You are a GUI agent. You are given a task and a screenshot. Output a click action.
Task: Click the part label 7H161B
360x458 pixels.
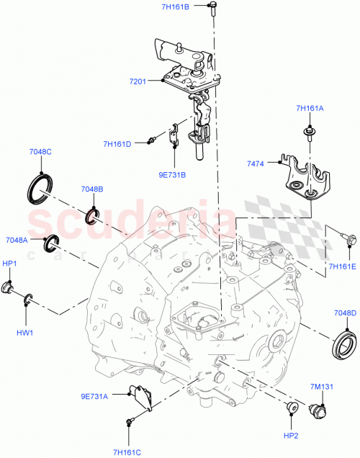(x=176, y=6)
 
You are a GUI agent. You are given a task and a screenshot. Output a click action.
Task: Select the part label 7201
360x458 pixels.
(x=138, y=81)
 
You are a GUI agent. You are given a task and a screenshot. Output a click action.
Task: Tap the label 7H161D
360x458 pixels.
(x=117, y=144)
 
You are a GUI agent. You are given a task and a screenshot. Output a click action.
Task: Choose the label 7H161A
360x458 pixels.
(x=310, y=109)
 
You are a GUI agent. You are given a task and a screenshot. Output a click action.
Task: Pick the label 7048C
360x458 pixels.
(x=40, y=152)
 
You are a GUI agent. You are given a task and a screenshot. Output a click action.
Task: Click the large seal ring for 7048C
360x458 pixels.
(x=40, y=187)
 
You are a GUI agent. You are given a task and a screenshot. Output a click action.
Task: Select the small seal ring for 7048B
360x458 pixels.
(x=91, y=215)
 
